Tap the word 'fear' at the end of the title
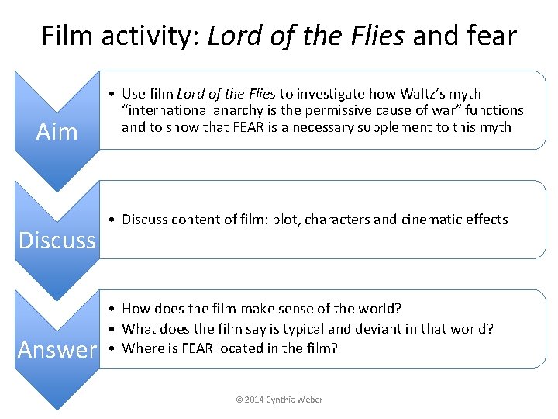[489, 36]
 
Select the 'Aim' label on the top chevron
[57, 131]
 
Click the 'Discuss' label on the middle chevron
[57, 240]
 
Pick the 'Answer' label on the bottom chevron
[58, 350]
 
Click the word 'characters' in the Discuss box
[336, 220]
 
